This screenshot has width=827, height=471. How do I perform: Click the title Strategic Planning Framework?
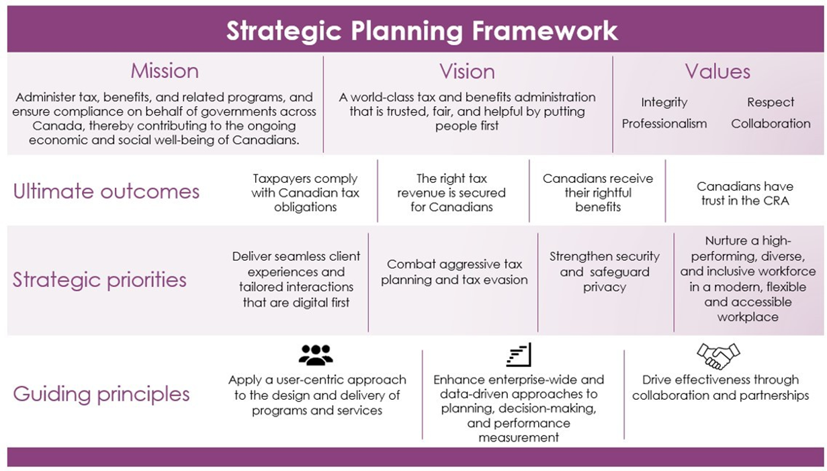(x=422, y=31)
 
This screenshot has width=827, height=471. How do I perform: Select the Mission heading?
(x=165, y=71)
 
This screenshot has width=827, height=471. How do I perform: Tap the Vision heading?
(x=467, y=71)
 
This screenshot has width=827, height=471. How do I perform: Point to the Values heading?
(x=717, y=71)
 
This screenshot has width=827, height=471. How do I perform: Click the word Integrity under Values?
(x=664, y=102)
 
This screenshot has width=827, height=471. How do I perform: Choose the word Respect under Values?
(x=771, y=102)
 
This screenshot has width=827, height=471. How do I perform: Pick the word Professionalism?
(x=664, y=124)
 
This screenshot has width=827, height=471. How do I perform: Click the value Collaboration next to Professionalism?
(x=771, y=124)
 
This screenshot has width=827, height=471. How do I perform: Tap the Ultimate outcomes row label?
(x=106, y=191)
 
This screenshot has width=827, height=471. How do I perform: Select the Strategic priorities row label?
(x=99, y=280)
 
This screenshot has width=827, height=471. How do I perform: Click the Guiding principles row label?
(x=101, y=394)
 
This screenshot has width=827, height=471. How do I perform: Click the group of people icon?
(x=316, y=355)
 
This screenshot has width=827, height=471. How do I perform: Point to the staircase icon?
(x=519, y=354)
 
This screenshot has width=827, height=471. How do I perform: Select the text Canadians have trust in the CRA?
(x=745, y=194)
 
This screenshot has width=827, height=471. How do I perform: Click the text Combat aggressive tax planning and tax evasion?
(x=455, y=272)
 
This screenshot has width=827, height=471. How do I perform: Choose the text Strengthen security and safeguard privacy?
(x=605, y=271)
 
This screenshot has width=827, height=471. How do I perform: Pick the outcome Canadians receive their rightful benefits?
(x=598, y=193)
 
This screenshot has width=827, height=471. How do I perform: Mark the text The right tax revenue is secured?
(x=451, y=185)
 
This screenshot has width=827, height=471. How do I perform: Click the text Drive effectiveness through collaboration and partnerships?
(x=720, y=388)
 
